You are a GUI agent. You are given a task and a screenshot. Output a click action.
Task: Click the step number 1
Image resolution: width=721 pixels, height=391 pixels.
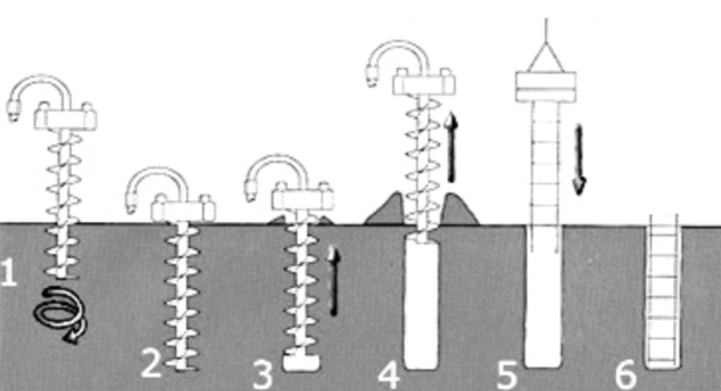click(9, 273)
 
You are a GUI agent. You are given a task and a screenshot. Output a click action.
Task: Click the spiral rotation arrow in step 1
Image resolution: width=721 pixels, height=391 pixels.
click(61, 314)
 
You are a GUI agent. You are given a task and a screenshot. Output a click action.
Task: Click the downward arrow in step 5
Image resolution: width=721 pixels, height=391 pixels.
click(579, 159)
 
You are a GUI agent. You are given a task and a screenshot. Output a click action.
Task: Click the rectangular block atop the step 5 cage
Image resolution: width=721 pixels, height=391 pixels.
click(546, 87)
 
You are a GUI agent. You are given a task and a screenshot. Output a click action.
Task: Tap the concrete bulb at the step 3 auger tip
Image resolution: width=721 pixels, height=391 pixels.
click(301, 363)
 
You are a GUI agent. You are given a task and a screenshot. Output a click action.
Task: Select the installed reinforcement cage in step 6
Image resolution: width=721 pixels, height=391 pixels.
click(663, 293)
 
